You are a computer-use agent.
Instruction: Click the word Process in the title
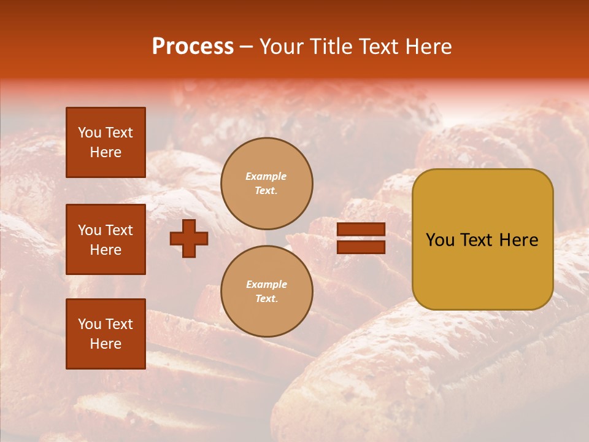click(x=193, y=47)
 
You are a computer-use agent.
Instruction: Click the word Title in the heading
click(x=332, y=47)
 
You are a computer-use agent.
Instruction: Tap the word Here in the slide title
click(x=428, y=47)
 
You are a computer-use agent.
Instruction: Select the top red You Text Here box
click(x=106, y=142)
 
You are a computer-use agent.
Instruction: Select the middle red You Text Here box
click(x=106, y=239)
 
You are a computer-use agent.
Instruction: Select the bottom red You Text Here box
click(x=106, y=334)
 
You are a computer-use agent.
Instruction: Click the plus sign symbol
click(x=189, y=239)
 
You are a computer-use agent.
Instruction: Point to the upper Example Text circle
click(x=267, y=184)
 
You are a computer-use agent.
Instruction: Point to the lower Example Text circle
click(x=267, y=292)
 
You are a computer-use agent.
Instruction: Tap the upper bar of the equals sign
click(x=361, y=230)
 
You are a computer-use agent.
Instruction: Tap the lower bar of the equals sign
click(x=361, y=247)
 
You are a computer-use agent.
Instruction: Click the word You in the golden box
click(x=439, y=240)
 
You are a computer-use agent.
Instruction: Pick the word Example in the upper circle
click(x=266, y=177)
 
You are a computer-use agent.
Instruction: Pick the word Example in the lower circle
click(x=266, y=285)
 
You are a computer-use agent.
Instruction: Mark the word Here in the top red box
click(x=106, y=152)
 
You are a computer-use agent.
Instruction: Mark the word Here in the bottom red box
click(x=106, y=344)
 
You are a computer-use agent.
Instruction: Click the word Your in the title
click(x=282, y=47)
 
